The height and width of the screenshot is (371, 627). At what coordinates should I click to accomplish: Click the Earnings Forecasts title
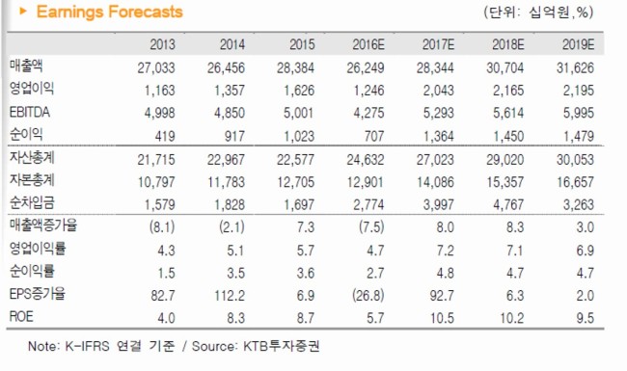coord(110,12)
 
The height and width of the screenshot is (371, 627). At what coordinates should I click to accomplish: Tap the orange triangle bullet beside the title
coord(23,12)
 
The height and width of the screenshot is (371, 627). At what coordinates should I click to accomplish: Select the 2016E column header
coord(368,44)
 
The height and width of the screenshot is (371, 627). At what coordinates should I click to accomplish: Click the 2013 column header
coord(162,44)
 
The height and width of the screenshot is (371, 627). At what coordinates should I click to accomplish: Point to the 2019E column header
coord(578,44)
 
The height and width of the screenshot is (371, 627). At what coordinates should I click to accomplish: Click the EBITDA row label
coord(30,112)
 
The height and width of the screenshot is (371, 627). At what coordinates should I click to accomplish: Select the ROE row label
coord(21,317)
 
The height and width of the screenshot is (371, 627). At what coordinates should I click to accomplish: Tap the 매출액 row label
coord(26,66)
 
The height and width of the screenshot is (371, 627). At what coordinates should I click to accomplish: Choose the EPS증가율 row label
coord(38,294)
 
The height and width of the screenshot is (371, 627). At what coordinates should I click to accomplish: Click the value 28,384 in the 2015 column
coord(295,67)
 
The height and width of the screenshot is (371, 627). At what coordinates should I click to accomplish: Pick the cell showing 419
coord(165,137)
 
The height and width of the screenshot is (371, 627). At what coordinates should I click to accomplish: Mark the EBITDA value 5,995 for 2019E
coord(578,114)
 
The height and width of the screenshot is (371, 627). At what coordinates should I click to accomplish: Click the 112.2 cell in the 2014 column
coord(230,296)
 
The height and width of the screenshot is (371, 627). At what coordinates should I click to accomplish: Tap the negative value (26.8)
coord(368,296)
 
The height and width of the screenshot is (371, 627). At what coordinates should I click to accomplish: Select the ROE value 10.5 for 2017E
coord(442,318)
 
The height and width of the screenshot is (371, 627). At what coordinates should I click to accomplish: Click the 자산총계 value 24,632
coord(365,160)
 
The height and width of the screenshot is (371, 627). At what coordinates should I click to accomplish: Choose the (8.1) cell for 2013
coord(162,227)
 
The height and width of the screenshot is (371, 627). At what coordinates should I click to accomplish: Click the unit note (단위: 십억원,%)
coord(538,13)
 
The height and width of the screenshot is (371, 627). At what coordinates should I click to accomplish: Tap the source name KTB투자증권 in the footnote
coord(282,346)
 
